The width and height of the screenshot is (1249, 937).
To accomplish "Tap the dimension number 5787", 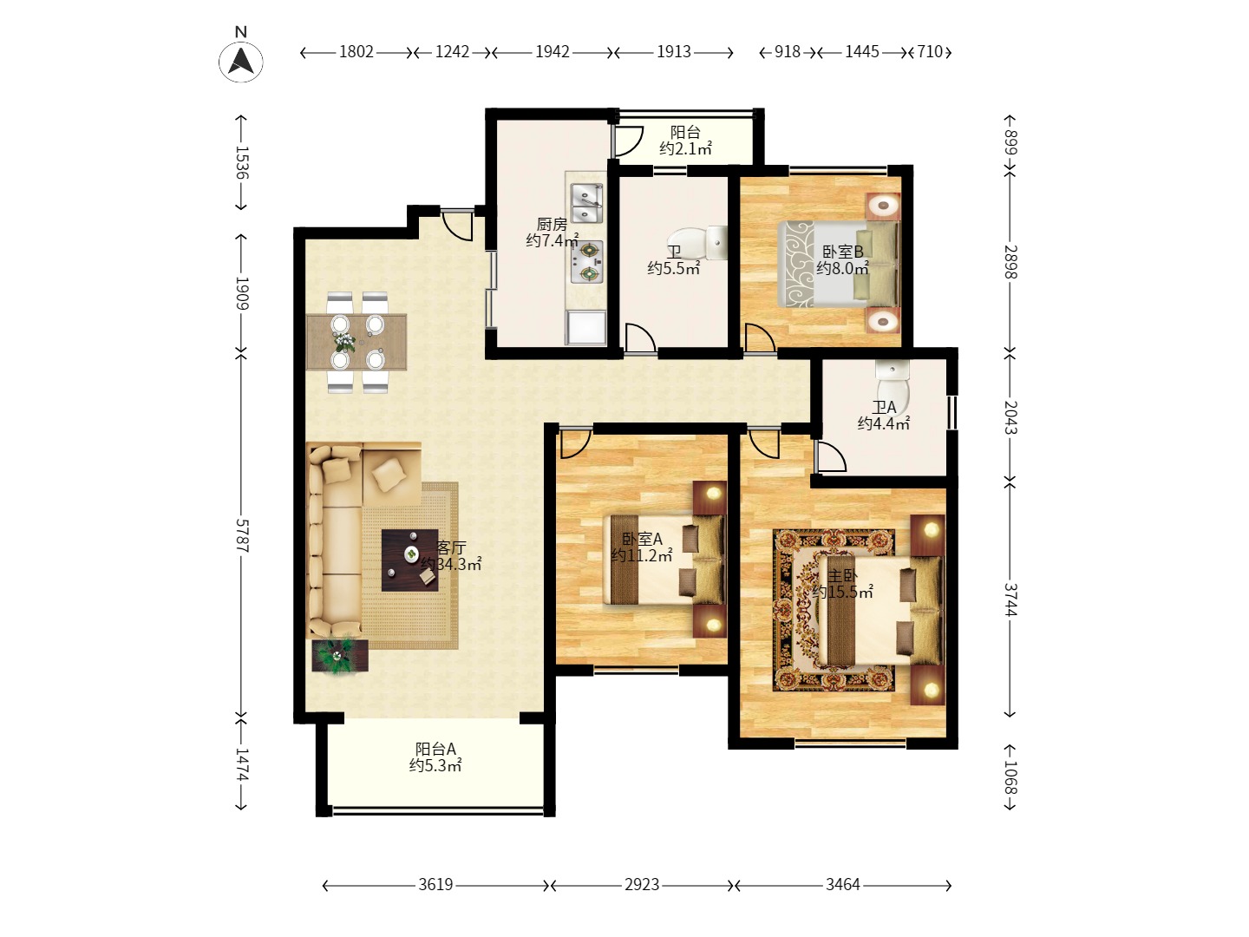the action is (242, 535).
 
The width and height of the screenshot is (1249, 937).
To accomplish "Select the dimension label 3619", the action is (435, 885).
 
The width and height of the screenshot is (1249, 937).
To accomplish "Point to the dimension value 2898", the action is (1010, 262).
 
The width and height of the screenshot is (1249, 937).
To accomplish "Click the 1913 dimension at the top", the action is (674, 52).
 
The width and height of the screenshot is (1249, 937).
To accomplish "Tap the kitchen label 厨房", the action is (552, 224).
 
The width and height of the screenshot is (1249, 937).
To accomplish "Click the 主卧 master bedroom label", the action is (842, 576).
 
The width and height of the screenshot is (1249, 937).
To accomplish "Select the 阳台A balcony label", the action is (435, 749).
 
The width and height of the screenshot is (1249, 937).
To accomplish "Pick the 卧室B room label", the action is (843, 252).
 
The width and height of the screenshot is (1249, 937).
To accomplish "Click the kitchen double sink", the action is (586, 203).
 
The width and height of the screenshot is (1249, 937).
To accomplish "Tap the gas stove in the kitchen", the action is (586, 262).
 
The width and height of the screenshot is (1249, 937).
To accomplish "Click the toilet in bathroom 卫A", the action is (892, 382).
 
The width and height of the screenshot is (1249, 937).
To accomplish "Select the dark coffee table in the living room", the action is (409, 560).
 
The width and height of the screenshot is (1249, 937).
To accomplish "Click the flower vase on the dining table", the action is (344, 342).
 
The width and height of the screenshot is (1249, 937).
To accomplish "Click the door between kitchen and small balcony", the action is (627, 141).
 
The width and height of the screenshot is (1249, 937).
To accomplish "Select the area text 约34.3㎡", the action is (451, 564).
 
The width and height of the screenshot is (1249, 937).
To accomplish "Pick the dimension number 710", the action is (931, 52).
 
